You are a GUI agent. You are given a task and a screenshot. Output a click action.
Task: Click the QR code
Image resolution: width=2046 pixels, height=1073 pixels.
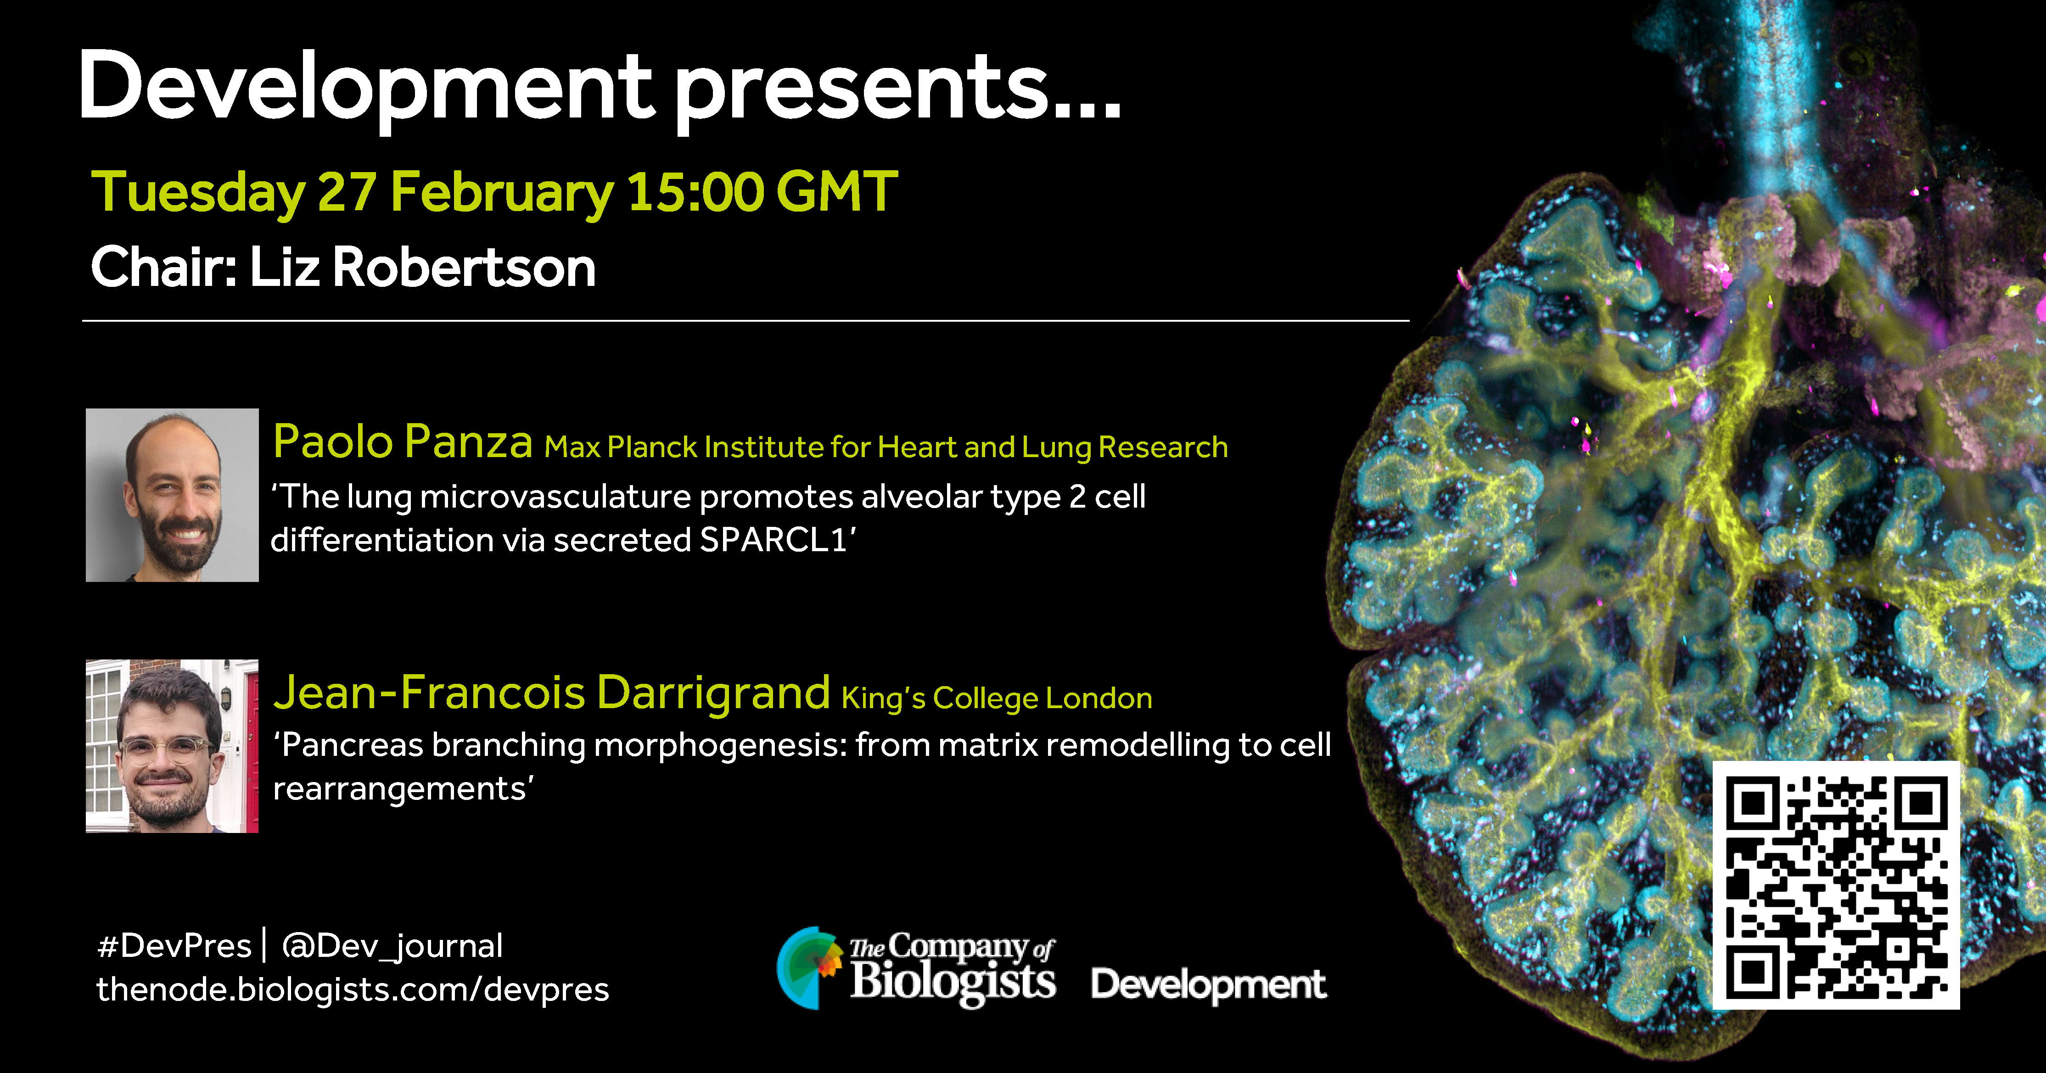pyautogui.click(x=1835, y=885)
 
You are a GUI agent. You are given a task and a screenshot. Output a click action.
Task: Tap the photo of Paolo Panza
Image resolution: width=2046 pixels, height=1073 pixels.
pyautogui.click(x=172, y=495)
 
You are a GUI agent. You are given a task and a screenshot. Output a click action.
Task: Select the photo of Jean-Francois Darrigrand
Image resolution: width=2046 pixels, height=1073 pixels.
pyautogui.click(x=172, y=746)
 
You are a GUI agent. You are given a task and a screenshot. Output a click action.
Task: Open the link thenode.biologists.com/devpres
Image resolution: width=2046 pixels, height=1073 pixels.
pyautogui.click(x=353, y=989)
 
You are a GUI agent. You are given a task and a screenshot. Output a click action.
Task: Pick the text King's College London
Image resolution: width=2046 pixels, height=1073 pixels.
pyautogui.click(x=997, y=698)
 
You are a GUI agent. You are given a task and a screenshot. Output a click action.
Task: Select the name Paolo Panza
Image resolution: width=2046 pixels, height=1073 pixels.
pyautogui.click(x=403, y=441)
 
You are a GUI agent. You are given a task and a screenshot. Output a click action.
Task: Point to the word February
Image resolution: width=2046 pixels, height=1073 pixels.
pyautogui.click(x=502, y=193)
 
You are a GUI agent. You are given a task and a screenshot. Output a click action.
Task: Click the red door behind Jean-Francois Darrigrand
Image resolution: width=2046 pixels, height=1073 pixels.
pyautogui.click(x=251, y=747)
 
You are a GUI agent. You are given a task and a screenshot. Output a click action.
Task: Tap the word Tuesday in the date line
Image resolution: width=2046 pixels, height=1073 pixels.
pyautogui.click(x=199, y=193)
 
